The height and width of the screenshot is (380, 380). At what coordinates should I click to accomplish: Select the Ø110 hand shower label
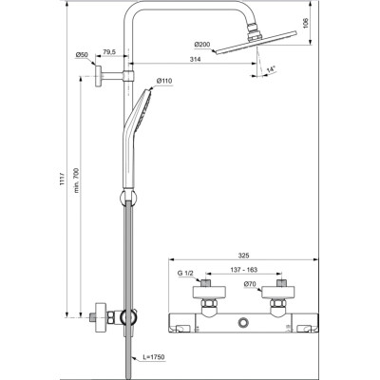click(164, 82)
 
